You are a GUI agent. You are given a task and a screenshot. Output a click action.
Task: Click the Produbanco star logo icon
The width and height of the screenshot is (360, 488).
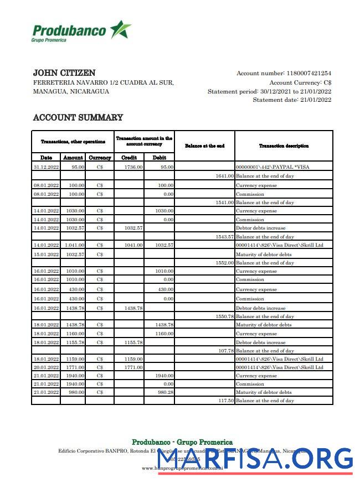coord(120,29)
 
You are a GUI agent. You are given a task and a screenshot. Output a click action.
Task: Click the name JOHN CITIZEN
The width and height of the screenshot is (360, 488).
coord(64,73)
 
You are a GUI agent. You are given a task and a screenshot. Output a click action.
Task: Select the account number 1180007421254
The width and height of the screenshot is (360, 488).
coord(308,73)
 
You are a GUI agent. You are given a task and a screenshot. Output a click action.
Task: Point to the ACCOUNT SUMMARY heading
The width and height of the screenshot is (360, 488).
coord(78,118)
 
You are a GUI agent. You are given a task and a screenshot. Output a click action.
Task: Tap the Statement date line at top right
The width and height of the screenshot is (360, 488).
coord(292,100)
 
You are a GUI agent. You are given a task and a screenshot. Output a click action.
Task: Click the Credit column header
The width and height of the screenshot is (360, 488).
coord(129,158)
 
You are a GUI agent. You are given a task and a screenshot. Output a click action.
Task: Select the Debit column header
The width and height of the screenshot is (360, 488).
coord(159,158)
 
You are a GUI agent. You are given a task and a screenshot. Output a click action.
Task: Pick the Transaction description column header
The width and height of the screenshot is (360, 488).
coord(284,146)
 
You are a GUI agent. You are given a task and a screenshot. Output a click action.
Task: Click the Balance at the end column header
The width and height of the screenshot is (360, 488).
coord(204,146)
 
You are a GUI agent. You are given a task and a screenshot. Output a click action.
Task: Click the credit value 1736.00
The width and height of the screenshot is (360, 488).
coord(134,167)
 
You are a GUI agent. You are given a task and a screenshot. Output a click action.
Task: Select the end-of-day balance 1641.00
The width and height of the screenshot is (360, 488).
coord(224,176)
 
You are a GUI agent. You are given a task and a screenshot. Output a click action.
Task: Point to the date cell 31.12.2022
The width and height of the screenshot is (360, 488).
coord(46,167)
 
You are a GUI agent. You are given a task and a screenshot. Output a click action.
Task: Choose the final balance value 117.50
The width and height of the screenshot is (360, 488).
coord(224,401)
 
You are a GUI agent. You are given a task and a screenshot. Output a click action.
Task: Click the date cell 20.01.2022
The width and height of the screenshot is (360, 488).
coord(46,367)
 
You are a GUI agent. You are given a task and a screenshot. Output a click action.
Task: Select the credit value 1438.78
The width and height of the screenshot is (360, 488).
coord(134,308)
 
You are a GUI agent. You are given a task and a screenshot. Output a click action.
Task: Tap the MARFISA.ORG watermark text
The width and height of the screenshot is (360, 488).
coord(255,459)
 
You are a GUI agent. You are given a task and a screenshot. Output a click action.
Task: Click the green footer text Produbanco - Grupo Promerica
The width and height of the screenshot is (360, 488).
coord(179,442)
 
